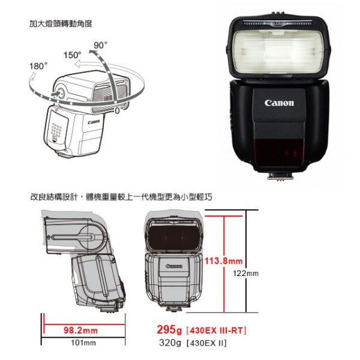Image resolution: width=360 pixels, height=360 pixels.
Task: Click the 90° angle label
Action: (x=101, y=45)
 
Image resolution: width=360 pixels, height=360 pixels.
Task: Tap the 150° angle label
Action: (x=73, y=55)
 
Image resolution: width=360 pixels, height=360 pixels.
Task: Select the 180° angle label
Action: (x=38, y=66)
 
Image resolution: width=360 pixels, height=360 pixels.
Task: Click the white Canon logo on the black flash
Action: (x=279, y=103)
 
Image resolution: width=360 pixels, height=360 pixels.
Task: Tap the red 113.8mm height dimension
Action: (x=224, y=261)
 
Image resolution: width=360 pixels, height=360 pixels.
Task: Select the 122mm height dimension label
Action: (x=245, y=274)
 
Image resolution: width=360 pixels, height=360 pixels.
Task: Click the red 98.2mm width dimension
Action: (x=80, y=331)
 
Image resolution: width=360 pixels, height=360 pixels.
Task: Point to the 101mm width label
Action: (x=83, y=343)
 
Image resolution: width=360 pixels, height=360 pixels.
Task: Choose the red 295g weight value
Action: (x=169, y=330)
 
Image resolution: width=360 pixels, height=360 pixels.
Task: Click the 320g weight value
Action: (x=170, y=343)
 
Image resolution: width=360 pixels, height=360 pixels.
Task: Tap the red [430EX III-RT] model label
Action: (x=216, y=331)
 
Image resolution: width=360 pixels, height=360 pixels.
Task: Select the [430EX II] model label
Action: (x=206, y=343)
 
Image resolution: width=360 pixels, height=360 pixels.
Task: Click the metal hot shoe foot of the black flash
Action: (x=281, y=176)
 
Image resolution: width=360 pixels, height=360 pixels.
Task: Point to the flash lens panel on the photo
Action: (x=279, y=52)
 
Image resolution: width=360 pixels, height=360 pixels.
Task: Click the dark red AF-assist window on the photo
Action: (x=279, y=152)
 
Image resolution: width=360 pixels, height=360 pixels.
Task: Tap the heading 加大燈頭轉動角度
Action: (x=61, y=24)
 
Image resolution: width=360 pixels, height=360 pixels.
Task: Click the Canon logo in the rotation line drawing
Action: (x=94, y=122)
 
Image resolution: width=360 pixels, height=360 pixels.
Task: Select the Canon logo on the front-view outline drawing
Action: (x=174, y=266)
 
